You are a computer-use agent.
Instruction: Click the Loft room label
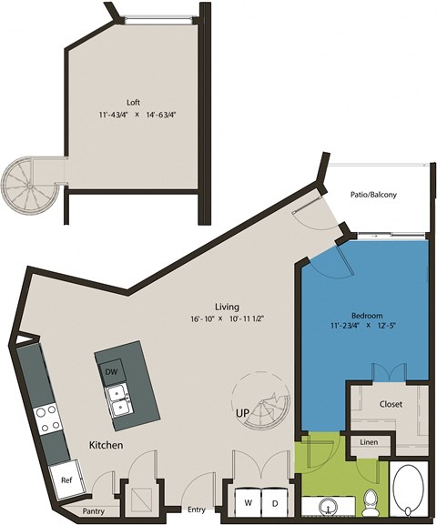(x=133, y=102)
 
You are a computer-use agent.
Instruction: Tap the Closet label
(x=391, y=402)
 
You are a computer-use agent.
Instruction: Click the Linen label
(x=369, y=443)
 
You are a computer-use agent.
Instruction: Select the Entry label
(x=195, y=510)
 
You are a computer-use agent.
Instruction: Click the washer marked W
(x=247, y=501)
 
